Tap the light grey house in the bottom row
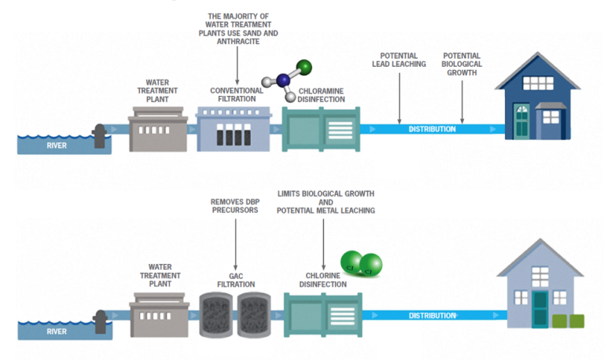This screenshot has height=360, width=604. [540, 288]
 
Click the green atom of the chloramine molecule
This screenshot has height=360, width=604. [304, 66]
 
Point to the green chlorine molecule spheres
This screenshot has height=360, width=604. [358, 264]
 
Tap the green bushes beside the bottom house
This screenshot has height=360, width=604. [569, 321]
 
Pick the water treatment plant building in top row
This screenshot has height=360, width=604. [157, 127]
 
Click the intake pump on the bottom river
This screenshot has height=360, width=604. [100, 321]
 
